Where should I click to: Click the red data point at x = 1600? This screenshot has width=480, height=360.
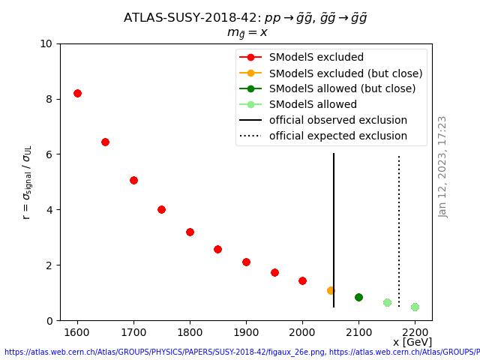click(x=77, y=93)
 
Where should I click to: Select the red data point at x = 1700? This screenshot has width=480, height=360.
click(x=133, y=180)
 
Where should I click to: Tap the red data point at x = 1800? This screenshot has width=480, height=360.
click(x=190, y=232)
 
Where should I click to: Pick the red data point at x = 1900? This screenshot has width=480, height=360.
click(x=246, y=262)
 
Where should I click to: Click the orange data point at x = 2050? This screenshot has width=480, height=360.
click(x=331, y=290)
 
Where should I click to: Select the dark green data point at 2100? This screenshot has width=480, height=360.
click(x=358, y=297)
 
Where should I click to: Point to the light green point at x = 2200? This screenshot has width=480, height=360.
click(x=415, y=307)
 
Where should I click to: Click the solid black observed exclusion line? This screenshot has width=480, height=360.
click(x=334, y=225)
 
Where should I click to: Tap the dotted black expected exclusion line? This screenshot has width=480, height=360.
click(x=399, y=225)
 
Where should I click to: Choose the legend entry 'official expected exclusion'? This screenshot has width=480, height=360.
click(x=337, y=136)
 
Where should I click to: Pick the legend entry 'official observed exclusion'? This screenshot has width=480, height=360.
click(x=338, y=121)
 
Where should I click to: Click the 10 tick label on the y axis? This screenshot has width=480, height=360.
click(x=46, y=43)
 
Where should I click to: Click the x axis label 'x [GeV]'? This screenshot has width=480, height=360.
click(x=412, y=342)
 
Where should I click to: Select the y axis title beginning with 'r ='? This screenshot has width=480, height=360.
click(x=27, y=181)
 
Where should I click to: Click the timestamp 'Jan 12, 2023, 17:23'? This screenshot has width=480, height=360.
click(x=442, y=166)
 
